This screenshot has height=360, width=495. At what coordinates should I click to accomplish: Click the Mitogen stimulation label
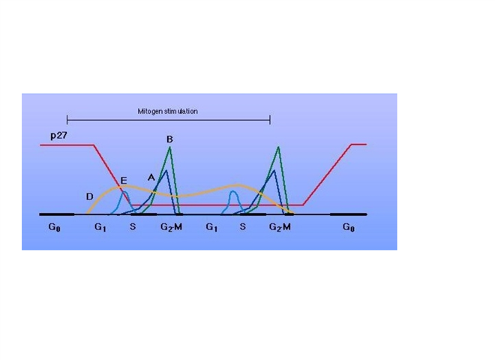tap(168, 111)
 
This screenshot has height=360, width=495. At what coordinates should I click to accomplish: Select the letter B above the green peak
tap(170, 139)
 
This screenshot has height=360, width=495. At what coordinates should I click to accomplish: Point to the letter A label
tap(151, 177)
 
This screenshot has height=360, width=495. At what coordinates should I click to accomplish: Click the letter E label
tap(124, 181)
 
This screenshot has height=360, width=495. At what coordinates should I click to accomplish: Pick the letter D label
tap(89, 196)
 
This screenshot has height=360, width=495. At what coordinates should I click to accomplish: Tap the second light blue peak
tap(234, 192)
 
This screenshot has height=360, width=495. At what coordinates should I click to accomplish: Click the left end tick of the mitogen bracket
tap(67, 119)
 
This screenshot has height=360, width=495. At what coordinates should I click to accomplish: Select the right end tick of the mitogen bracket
tap(270, 119)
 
